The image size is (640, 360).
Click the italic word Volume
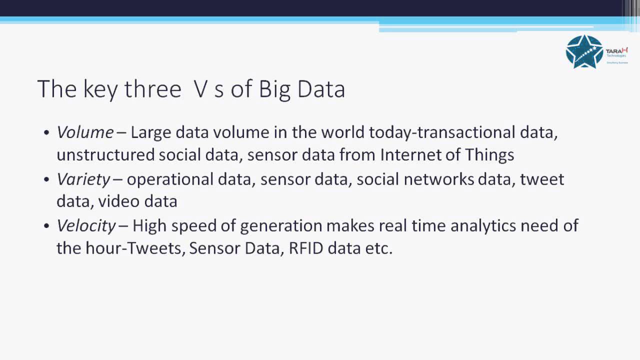click(85, 132)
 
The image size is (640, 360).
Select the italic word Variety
click(83, 179)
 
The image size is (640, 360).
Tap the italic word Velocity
click(86, 225)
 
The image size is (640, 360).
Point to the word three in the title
click(152, 89)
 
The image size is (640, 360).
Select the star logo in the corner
click(584, 51)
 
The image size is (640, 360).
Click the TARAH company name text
click(616, 51)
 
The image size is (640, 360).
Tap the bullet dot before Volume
click(46, 133)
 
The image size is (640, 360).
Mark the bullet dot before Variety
click(46, 179)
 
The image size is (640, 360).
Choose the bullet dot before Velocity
click(46, 226)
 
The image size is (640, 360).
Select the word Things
click(489, 155)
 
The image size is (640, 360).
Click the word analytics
click(483, 225)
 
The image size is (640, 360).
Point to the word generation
click(281, 225)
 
